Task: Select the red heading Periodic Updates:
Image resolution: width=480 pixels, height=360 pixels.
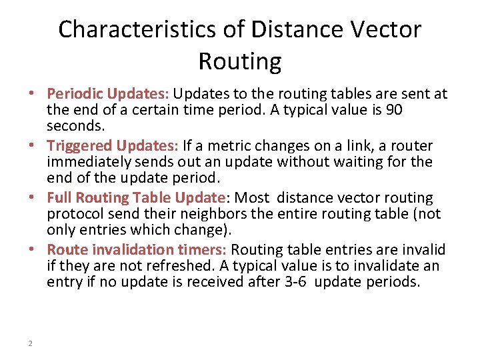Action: click(109, 94)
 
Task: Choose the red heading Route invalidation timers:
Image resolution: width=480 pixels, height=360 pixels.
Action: click(137, 250)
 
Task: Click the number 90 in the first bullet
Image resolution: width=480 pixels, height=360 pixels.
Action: click(394, 110)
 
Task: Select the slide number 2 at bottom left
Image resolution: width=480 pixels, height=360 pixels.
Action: click(31, 343)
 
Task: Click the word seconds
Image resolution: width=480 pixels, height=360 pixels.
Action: click(72, 126)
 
